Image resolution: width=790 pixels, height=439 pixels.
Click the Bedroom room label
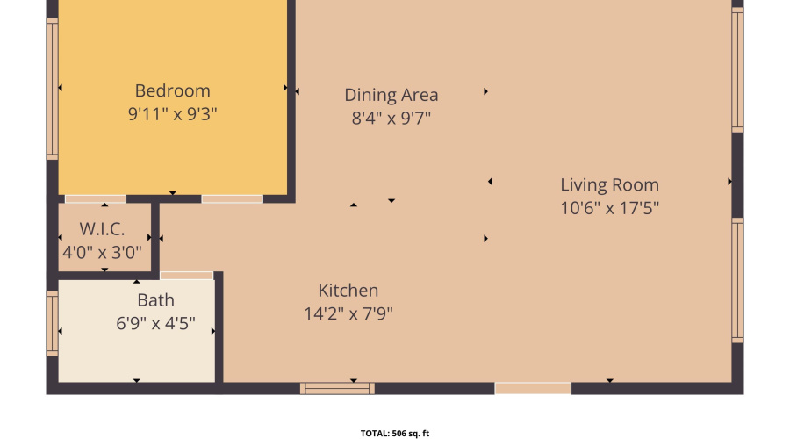(x=172, y=90)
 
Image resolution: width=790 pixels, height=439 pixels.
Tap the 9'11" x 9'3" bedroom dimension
(x=172, y=113)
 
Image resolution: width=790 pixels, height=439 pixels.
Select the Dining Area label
(x=391, y=95)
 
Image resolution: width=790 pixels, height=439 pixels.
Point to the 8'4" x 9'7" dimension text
(x=391, y=118)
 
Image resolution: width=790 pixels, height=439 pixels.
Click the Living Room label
(x=609, y=185)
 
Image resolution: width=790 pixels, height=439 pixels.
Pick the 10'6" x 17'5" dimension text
(x=609, y=208)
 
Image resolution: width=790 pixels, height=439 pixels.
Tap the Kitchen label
(x=348, y=291)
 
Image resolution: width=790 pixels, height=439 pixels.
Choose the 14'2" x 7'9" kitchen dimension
(x=348, y=313)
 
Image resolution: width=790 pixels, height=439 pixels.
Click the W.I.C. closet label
(x=102, y=230)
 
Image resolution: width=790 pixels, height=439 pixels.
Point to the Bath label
(x=155, y=301)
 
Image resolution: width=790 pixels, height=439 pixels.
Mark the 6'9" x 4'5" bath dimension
(x=155, y=324)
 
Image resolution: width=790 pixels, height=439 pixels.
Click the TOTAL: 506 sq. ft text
(x=394, y=433)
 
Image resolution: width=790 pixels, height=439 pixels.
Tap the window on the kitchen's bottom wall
(x=337, y=388)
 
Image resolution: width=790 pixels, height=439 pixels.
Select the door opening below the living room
(x=533, y=388)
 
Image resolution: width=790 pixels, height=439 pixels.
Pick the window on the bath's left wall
(x=52, y=325)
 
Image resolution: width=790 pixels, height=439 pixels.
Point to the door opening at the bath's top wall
(x=186, y=276)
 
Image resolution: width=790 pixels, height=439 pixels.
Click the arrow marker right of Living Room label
(x=729, y=182)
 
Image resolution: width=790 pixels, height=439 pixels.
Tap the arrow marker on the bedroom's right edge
(x=285, y=88)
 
